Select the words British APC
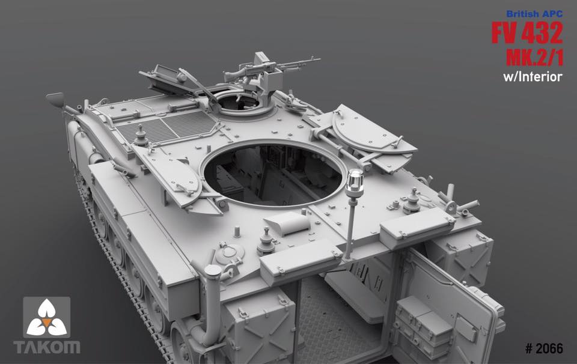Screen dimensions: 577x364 pos(534,14)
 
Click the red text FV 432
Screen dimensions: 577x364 pos(527,32)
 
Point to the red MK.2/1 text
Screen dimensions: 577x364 pos(534,57)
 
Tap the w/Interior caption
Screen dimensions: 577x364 pos(533,77)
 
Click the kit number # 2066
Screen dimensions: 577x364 pos(544,348)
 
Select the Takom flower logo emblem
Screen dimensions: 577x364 pos(46,317)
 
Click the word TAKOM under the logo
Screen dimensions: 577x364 pos(47,347)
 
